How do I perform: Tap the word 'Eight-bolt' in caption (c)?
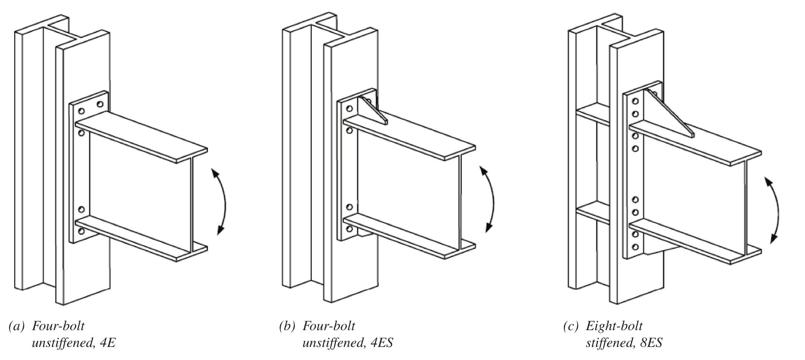pos(614,326)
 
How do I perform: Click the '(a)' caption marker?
pos(16,326)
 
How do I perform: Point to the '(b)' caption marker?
pos(287,326)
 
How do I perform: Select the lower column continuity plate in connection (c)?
pos(594,213)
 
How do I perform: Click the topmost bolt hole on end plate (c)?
pos(635,101)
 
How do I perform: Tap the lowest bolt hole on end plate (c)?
pos(635,247)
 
